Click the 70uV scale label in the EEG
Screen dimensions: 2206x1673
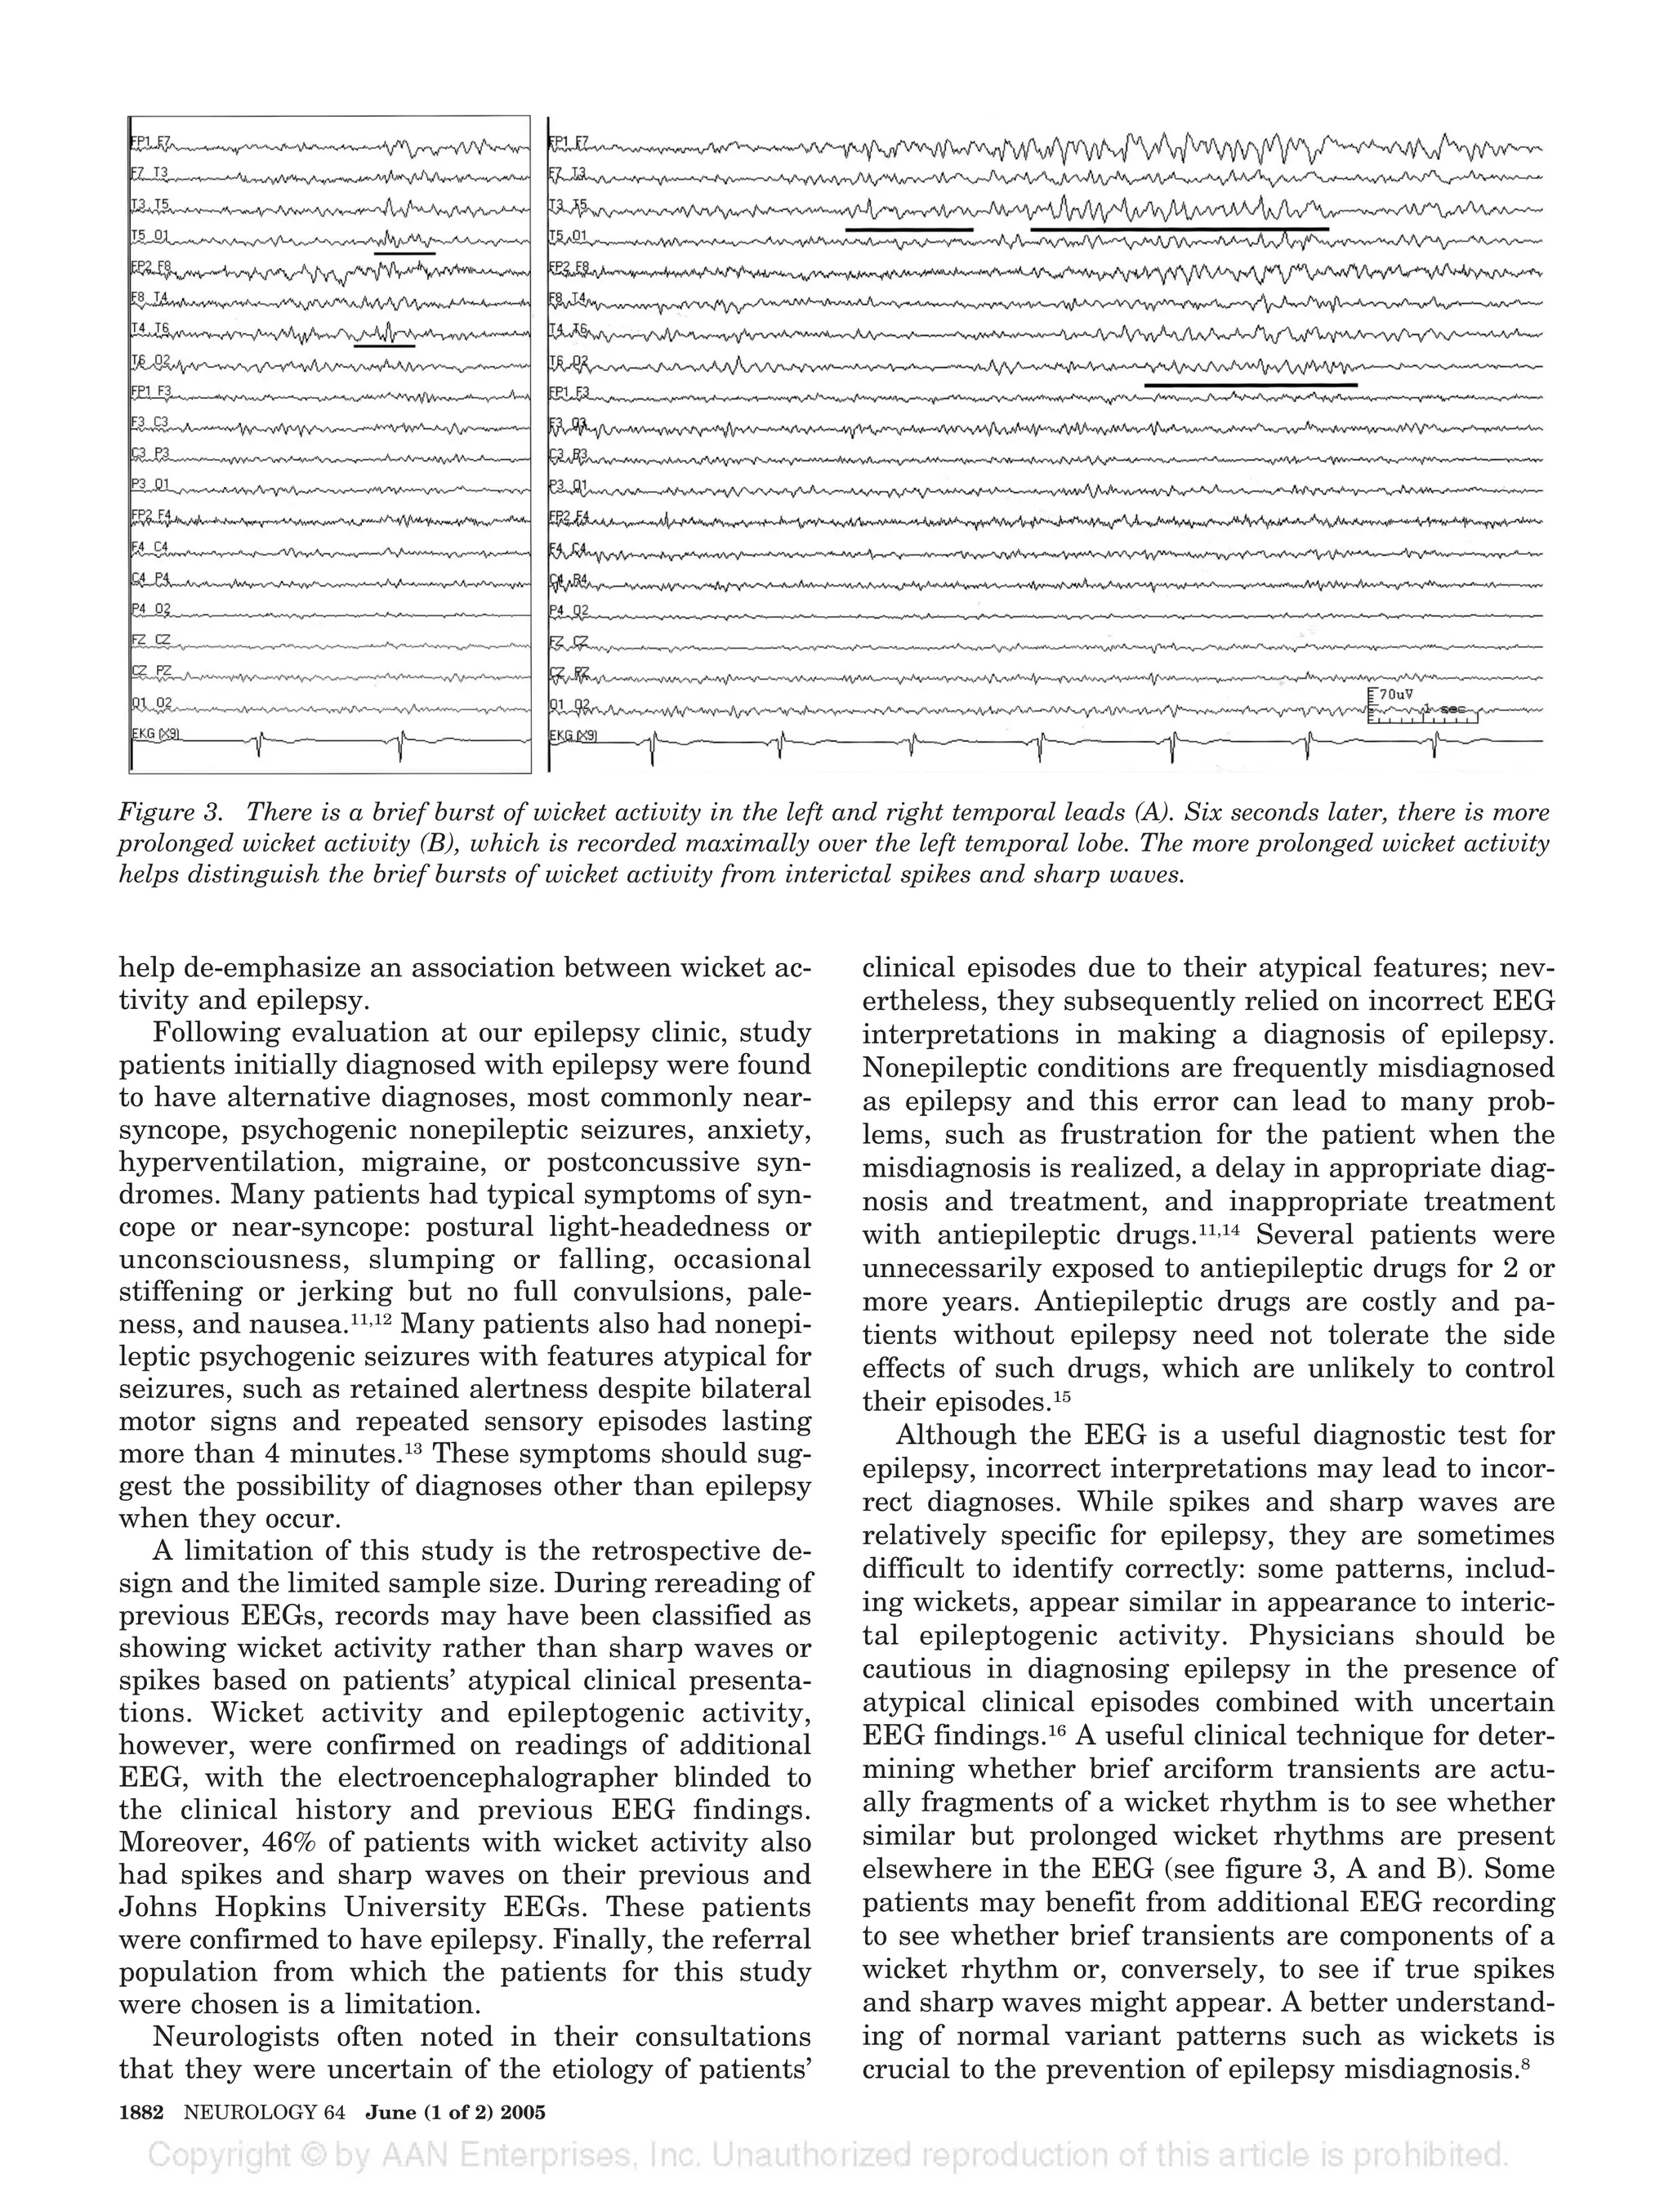click(x=1396, y=694)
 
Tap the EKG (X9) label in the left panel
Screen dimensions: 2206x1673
click(x=155, y=735)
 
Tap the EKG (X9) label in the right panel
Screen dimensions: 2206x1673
click(x=573, y=736)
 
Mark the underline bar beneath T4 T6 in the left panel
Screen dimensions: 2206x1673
click(x=384, y=346)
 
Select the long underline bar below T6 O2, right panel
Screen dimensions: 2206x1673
click(x=1251, y=384)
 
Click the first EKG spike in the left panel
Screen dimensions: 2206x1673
click(x=259, y=743)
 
